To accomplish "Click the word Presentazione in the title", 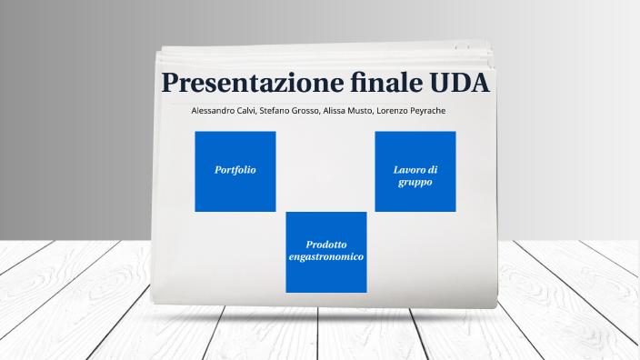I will click(x=251, y=83).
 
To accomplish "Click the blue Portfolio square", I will click(x=235, y=172).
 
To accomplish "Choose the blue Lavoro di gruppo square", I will click(x=415, y=172).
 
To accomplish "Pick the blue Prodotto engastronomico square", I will click(x=325, y=252).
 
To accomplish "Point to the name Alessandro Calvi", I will click(x=224, y=111).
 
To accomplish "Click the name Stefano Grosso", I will click(x=289, y=111).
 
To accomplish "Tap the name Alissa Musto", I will click(x=347, y=111).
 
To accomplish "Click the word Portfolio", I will click(x=235, y=170).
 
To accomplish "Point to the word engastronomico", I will click(x=325, y=258).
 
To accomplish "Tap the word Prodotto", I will click(x=325, y=245).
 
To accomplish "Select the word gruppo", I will click(x=415, y=183).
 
